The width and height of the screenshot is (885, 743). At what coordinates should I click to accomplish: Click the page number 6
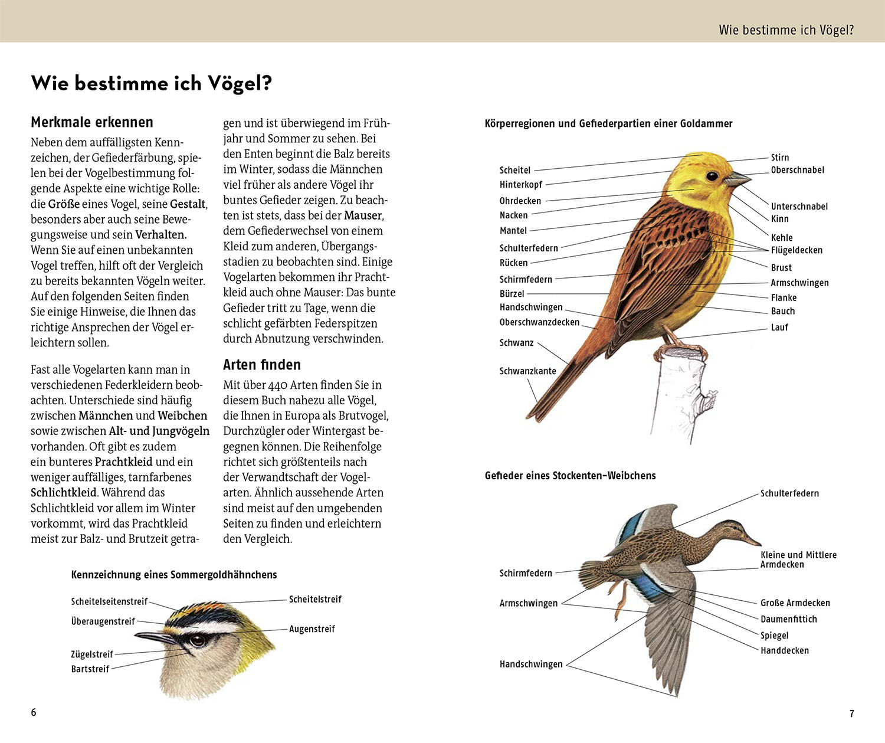(x=34, y=712)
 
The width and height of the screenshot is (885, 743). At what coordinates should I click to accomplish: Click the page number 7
(x=851, y=713)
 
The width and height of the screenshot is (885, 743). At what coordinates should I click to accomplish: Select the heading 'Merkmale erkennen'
(x=92, y=122)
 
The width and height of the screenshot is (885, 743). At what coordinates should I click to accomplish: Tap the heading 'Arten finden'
(x=262, y=365)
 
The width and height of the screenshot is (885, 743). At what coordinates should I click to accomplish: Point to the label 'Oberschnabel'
(x=797, y=170)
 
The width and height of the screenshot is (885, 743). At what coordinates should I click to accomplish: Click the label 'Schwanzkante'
(x=527, y=371)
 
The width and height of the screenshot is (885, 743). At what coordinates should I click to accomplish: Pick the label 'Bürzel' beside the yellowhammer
(x=512, y=293)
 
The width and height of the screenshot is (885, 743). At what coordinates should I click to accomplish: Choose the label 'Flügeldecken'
(x=796, y=250)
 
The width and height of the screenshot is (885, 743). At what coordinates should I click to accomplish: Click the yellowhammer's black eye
(x=712, y=175)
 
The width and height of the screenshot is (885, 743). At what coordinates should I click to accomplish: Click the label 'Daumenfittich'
(x=788, y=619)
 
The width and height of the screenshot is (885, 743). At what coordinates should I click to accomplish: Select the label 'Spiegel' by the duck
(x=774, y=636)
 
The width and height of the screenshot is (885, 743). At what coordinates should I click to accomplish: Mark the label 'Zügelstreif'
(x=92, y=654)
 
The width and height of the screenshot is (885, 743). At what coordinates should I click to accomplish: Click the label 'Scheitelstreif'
(x=315, y=600)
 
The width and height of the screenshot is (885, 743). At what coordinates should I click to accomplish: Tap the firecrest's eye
(x=197, y=640)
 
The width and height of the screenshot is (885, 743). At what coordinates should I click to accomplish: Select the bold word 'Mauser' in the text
(x=363, y=215)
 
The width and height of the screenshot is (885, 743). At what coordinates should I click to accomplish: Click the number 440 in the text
(x=277, y=385)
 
